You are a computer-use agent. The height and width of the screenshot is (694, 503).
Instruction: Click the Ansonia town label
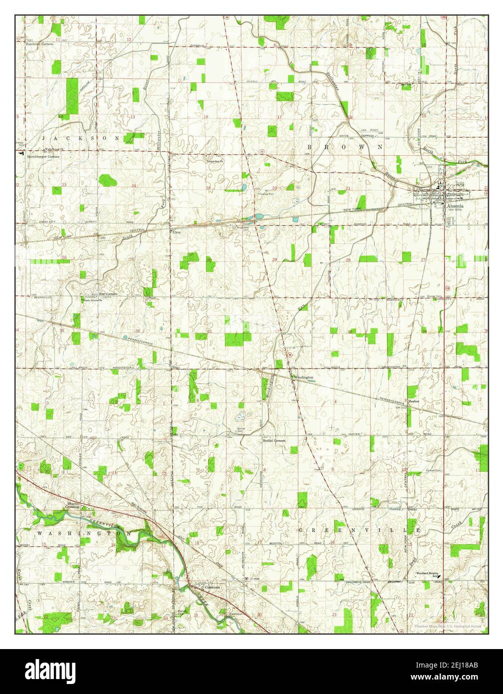[x=455, y=205]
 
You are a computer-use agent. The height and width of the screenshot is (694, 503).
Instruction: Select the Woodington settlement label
[x=303, y=377]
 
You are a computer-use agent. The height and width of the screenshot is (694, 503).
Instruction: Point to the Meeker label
[x=413, y=401]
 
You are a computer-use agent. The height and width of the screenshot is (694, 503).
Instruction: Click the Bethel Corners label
[x=274, y=441]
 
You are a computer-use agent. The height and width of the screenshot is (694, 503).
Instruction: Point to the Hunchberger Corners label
[x=43, y=156]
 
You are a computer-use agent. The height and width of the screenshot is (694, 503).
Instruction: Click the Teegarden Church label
[x=215, y=161]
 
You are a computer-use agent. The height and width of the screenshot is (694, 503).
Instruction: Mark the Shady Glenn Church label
[x=93, y=300]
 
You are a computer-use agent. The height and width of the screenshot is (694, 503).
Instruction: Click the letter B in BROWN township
[x=310, y=147]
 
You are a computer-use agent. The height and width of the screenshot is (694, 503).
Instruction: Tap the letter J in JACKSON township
[x=44, y=137]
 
